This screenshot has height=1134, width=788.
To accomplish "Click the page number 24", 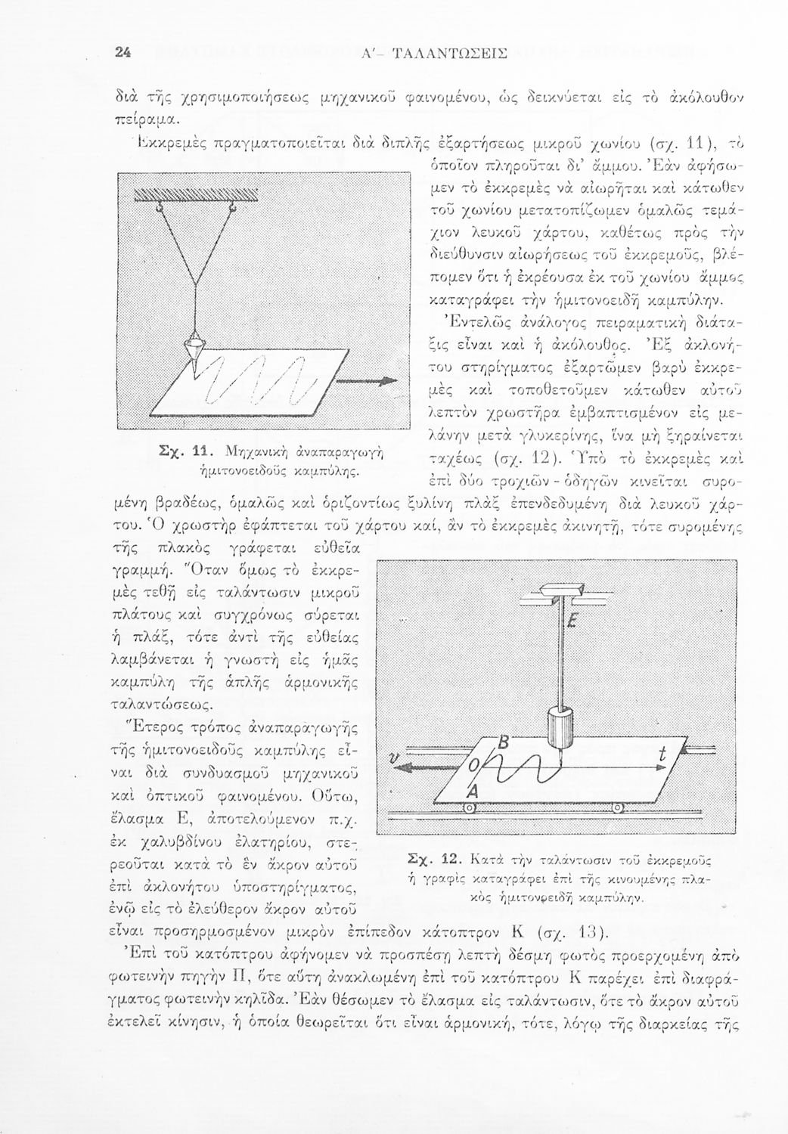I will click(123, 53).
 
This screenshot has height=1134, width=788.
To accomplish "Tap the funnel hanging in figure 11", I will click(195, 353).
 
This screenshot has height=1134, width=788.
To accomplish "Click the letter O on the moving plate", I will click(473, 765).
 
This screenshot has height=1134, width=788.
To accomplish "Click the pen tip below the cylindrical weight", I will click(560, 759).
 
